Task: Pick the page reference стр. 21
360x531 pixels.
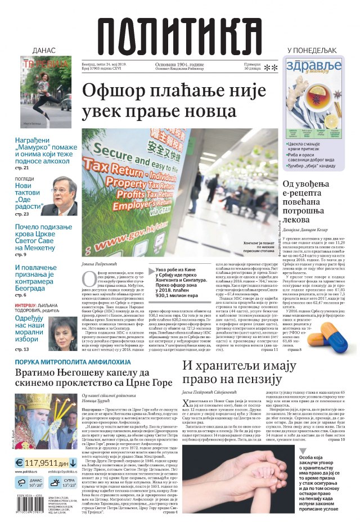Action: coord(21,168)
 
